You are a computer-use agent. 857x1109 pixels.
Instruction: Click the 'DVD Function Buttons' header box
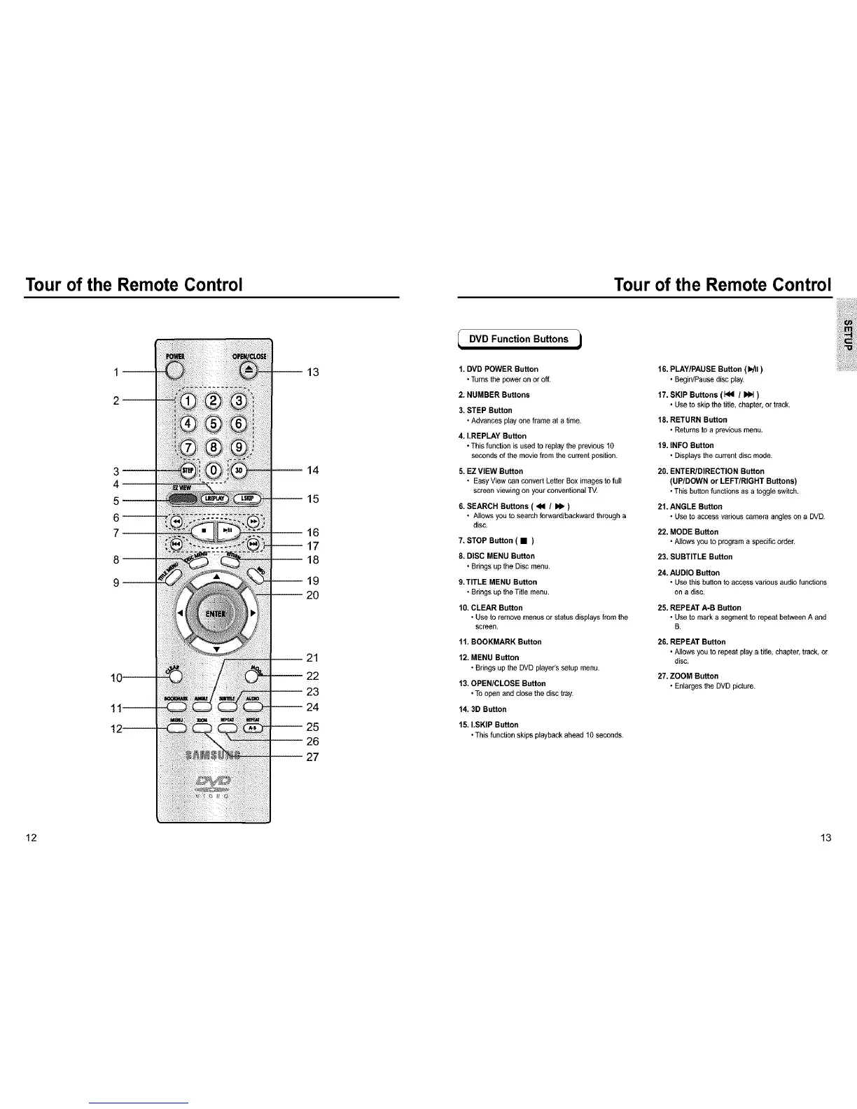coord(519,340)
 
